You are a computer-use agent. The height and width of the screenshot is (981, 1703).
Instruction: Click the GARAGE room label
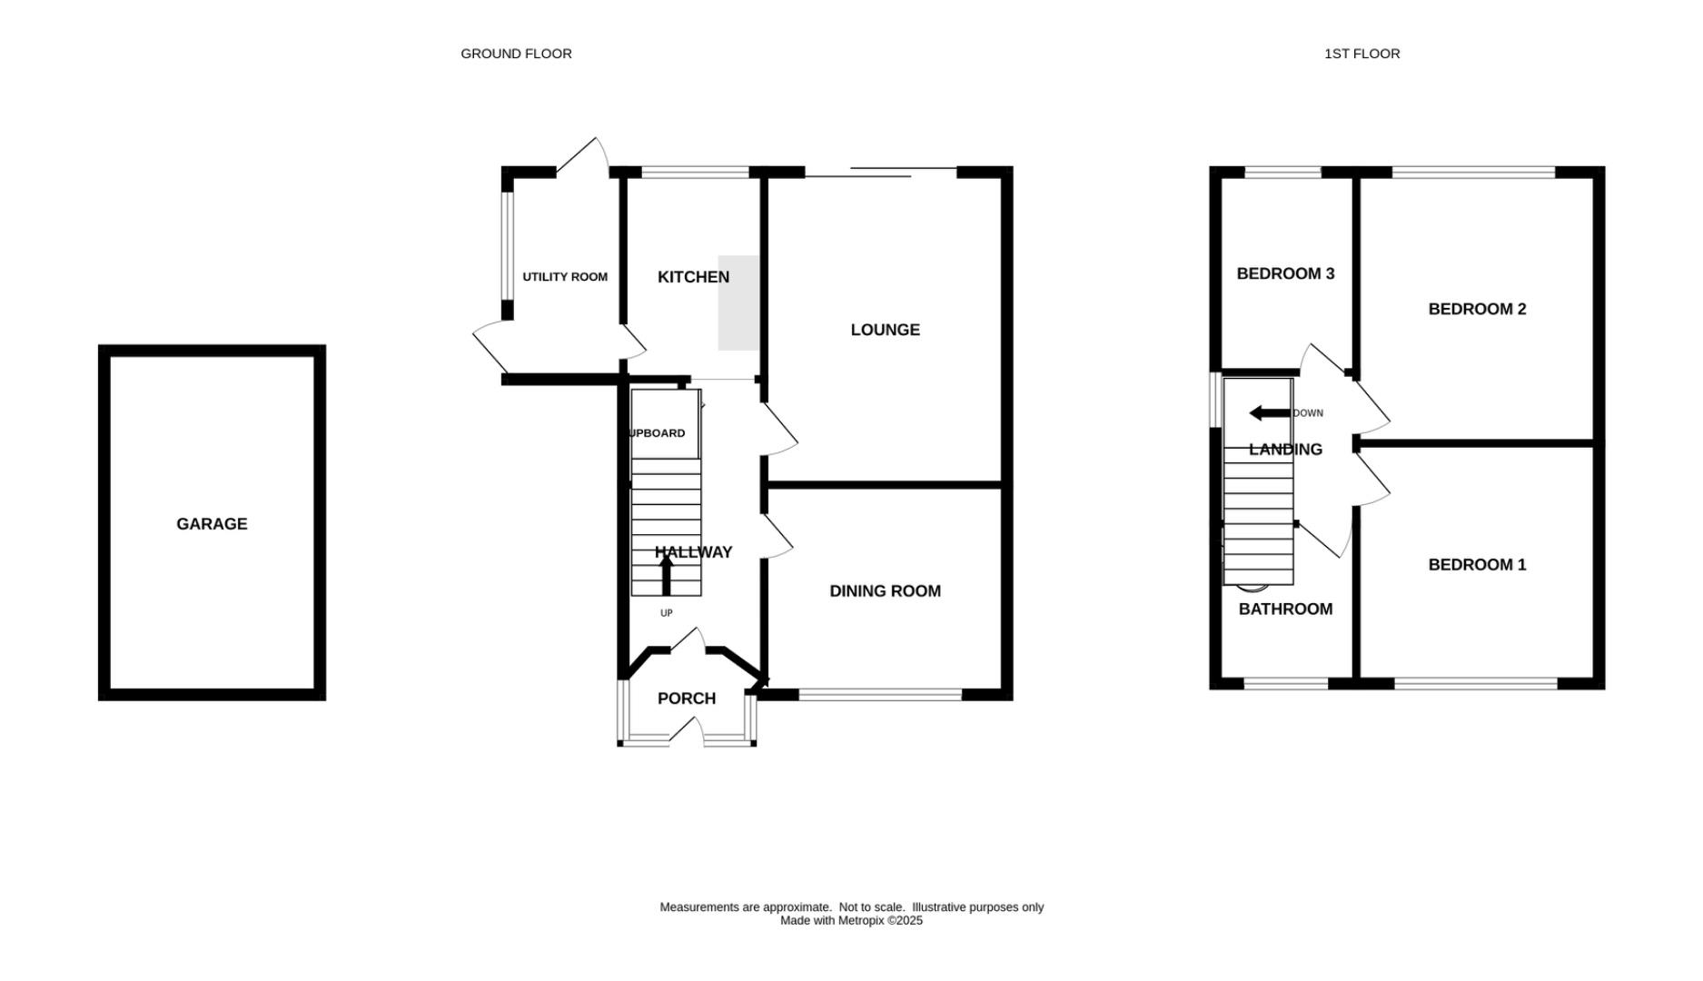pyautogui.click(x=212, y=524)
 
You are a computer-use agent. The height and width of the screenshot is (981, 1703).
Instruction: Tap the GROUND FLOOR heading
pyautogui.click(x=516, y=54)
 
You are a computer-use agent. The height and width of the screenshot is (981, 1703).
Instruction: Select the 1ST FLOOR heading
pyautogui.click(x=1361, y=54)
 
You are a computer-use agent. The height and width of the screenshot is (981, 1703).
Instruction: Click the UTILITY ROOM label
pyautogui.click(x=565, y=277)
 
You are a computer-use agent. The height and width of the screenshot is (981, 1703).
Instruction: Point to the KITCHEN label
pyautogui.click(x=693, y=277)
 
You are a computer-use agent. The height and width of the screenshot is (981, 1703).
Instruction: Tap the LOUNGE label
pyautogui.click(x=885, y=330)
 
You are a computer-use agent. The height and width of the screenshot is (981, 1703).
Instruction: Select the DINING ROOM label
pyautogui.click(x=885, y=591)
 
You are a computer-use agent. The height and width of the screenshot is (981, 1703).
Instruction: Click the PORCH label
pyautogui.click(x=686, y=699)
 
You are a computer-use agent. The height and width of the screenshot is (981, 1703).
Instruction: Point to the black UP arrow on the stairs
pyautogui.click(x=666, y=575)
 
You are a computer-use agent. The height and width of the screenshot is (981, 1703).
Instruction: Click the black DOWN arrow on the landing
pyautogui.click(x=1270, y=413)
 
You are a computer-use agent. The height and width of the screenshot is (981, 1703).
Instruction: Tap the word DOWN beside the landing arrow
pyautogui.click(x=1308, y=413)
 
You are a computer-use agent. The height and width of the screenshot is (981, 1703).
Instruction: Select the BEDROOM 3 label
pyautogui.click(x=1285, y=273)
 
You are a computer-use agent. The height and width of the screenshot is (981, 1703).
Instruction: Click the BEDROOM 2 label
pyautogui.click(x=1477, y=309)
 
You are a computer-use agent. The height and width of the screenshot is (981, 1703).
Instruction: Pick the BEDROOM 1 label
pyautogui.click(x=1477, y=565)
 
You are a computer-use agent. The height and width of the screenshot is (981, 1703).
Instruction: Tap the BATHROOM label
pyautogui.click(x=1285, y=609)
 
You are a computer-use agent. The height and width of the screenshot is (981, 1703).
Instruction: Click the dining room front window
pyautogui.click(x=880, y=695)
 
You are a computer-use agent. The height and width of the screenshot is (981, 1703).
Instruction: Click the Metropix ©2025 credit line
pyautogui.click(x=851, y=921)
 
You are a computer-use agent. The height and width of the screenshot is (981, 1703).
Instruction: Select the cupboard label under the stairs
pyautogui.click(x=657, y=433)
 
